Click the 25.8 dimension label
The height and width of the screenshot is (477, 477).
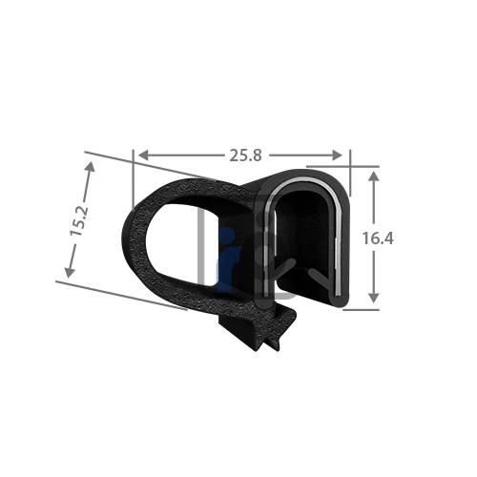coord(245,156)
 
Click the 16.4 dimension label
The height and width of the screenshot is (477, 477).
coord(378,238)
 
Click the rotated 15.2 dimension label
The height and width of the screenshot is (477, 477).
coord(79,220)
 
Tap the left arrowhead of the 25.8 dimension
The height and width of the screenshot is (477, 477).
coord(144,156)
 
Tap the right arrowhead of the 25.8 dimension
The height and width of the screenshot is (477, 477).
coord(337,156)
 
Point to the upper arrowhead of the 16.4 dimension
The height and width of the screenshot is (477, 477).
coord(374,176)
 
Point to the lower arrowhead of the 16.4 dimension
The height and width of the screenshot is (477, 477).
coord(374,298)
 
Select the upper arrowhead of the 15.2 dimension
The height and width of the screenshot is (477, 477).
coord(91,167)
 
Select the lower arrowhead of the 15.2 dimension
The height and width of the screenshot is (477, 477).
coord(70,273)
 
